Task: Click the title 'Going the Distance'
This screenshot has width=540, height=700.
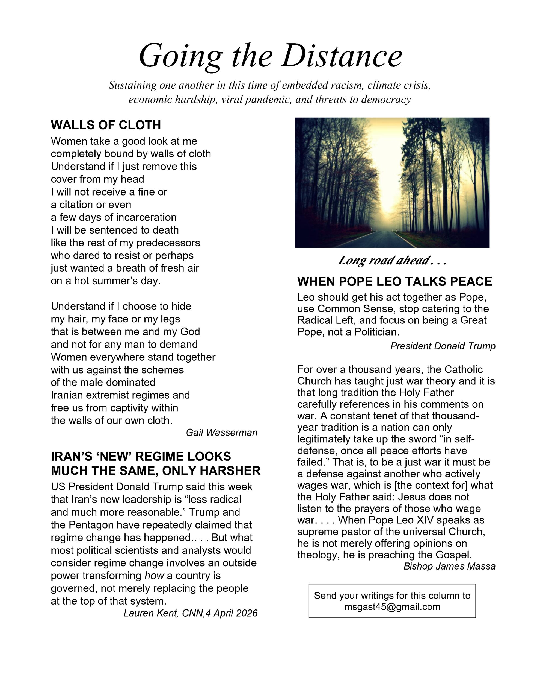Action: [270, 56]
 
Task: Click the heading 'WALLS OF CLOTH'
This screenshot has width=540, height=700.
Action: [106, 125]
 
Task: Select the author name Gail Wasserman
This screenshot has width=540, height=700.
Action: [221, 432]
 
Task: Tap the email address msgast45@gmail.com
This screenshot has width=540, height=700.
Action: [392, 606]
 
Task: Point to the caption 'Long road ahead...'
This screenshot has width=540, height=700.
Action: [391, 260]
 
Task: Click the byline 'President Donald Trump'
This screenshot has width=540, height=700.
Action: [443, 346]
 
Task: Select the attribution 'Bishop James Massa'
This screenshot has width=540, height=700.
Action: [449, 566]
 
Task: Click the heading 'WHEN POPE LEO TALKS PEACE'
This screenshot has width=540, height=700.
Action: [394, 281]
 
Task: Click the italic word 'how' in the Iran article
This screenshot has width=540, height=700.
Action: [154, 576]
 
